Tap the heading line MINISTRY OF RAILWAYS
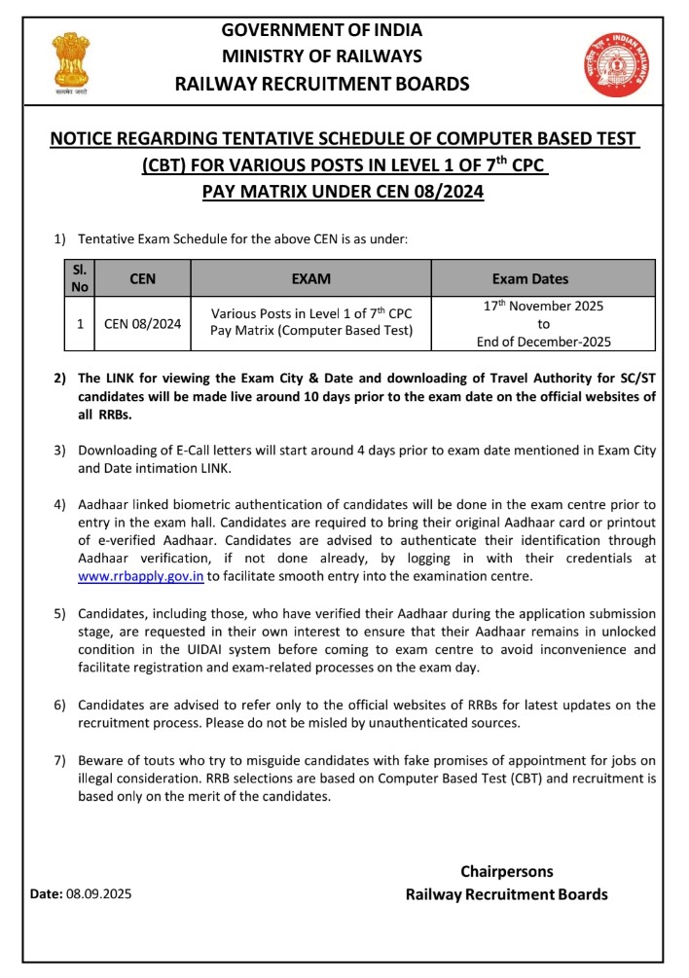pos(321,56)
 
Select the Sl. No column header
pos(80,278)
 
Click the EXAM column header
pos(311,279)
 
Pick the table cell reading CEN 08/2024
pos(142,324)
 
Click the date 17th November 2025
pos(543,306)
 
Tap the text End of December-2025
pos(543,342)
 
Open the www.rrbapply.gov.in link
pos(140,576)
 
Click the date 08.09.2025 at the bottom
pos(98,893)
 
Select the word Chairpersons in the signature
pos(506,871)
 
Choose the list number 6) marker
pos(59,705)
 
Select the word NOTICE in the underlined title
pos(87,141)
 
